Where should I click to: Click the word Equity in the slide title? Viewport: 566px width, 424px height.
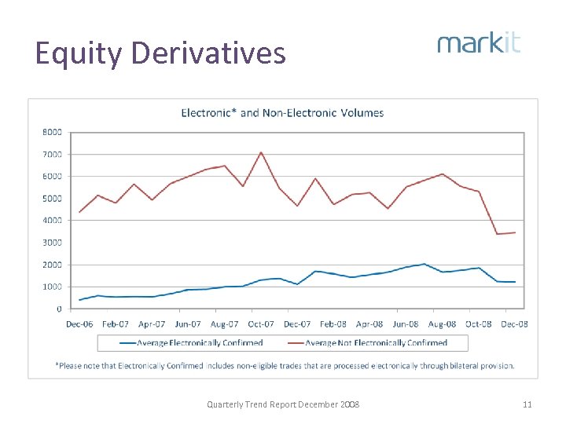click(x=79, y=53)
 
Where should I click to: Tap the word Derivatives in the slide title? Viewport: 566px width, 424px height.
click(x=208, y=53)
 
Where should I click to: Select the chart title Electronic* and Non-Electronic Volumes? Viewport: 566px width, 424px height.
click(x=282, y=113)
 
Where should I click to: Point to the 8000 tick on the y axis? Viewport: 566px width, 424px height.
click(x=52, y=132)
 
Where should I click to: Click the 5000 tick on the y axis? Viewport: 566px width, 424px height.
click(x=52, y=199)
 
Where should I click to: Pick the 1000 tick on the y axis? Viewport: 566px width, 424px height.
click(x=52, y=287)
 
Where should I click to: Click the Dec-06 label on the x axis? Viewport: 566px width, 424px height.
click(x=79, y=323)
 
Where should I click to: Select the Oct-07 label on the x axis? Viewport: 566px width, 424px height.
click(x=261, y=323)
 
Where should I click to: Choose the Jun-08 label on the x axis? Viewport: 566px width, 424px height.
click(x=406, y=323)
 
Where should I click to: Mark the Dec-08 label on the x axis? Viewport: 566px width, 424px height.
click(x=515, y=323)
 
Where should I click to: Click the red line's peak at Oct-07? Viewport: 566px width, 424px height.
click(x=261, y=152)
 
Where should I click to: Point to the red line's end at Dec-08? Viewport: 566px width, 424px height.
click(x=515, y=232)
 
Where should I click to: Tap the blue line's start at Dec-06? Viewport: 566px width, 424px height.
click(x=79, y=300)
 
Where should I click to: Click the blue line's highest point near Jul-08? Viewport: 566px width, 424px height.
click(x=424, y=264)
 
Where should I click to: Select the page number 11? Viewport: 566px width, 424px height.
click(x=527, y=404)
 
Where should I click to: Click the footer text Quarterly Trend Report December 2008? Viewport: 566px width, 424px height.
click(x=282, y=404)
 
